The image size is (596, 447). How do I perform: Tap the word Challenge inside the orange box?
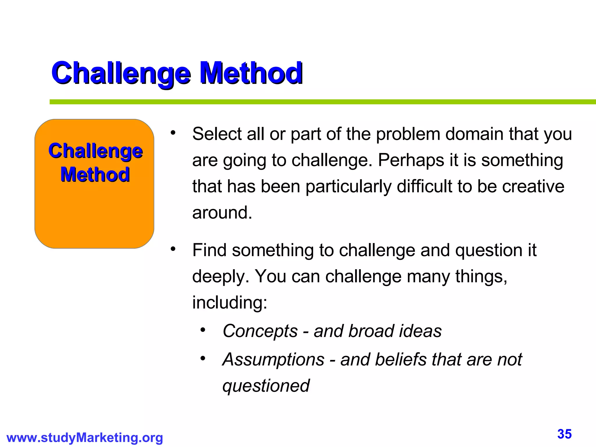pyautogui.click(x=95, y=151)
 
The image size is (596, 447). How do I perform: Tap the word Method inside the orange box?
pyautogui.click(x=95, y=175)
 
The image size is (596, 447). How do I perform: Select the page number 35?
pyautogui.click(x=564, y=434)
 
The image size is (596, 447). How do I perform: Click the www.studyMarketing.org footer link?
pyautogui.click(x=84, y=438)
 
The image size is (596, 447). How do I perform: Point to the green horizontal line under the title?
pyautogui.click(x=320, y=102)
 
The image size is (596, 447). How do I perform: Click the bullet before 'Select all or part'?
pyautogui.click(x=173, y=133)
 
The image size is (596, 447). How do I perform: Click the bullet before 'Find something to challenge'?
pyautogui.click(x=173, y=249)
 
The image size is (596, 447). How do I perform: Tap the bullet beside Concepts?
pyautogui.click(x=203, y=330)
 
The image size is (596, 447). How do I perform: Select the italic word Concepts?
pyautogui.click(x=260, y=331)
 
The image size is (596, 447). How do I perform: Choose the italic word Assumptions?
pyautogui.click(x=273, y=360)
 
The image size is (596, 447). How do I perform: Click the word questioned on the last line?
pyautogui.click(x=266, y=386)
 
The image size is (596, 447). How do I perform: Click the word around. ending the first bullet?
pyautogui.click(x=222, y=213)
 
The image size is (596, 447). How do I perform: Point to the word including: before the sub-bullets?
pyautogui.click(x=230, y=303)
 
